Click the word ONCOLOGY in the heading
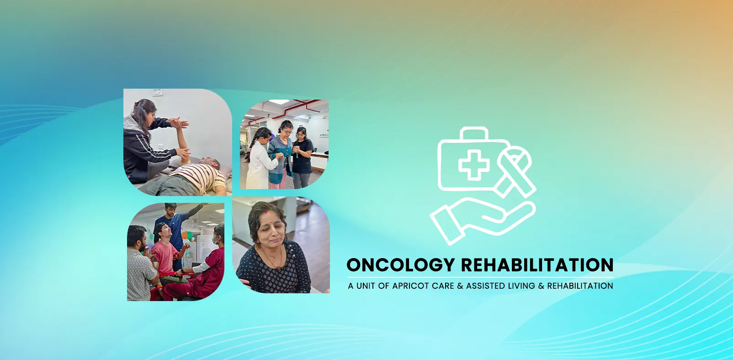tap(400, 265)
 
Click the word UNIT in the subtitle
tap(366, 286)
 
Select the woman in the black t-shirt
tap(302, 155)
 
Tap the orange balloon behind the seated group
tap(184, 236)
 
